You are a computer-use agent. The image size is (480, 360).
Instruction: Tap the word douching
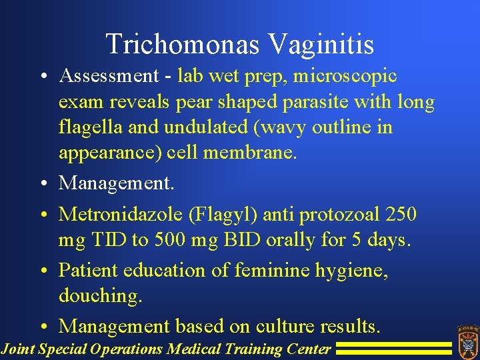(x=101, y=296)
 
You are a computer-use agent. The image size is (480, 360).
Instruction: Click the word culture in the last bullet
(x=279, y=327)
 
